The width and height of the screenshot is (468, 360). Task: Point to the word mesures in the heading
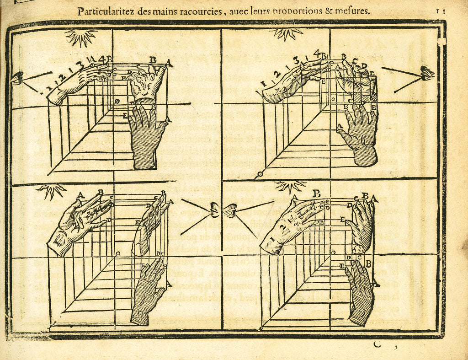click(x=352, y=11)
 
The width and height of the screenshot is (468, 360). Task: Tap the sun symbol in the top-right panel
click(x=287, y=33)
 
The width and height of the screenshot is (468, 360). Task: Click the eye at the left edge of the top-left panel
click(x=18, y=78)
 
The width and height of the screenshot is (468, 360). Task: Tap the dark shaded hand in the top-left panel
click(x=145, y=137)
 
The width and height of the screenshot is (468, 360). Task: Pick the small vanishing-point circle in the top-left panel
click(x=117, y=101)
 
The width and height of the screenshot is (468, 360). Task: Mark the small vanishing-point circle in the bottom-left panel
click(x=118, y=253)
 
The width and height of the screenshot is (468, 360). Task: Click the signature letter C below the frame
click(x=377, y=344)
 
